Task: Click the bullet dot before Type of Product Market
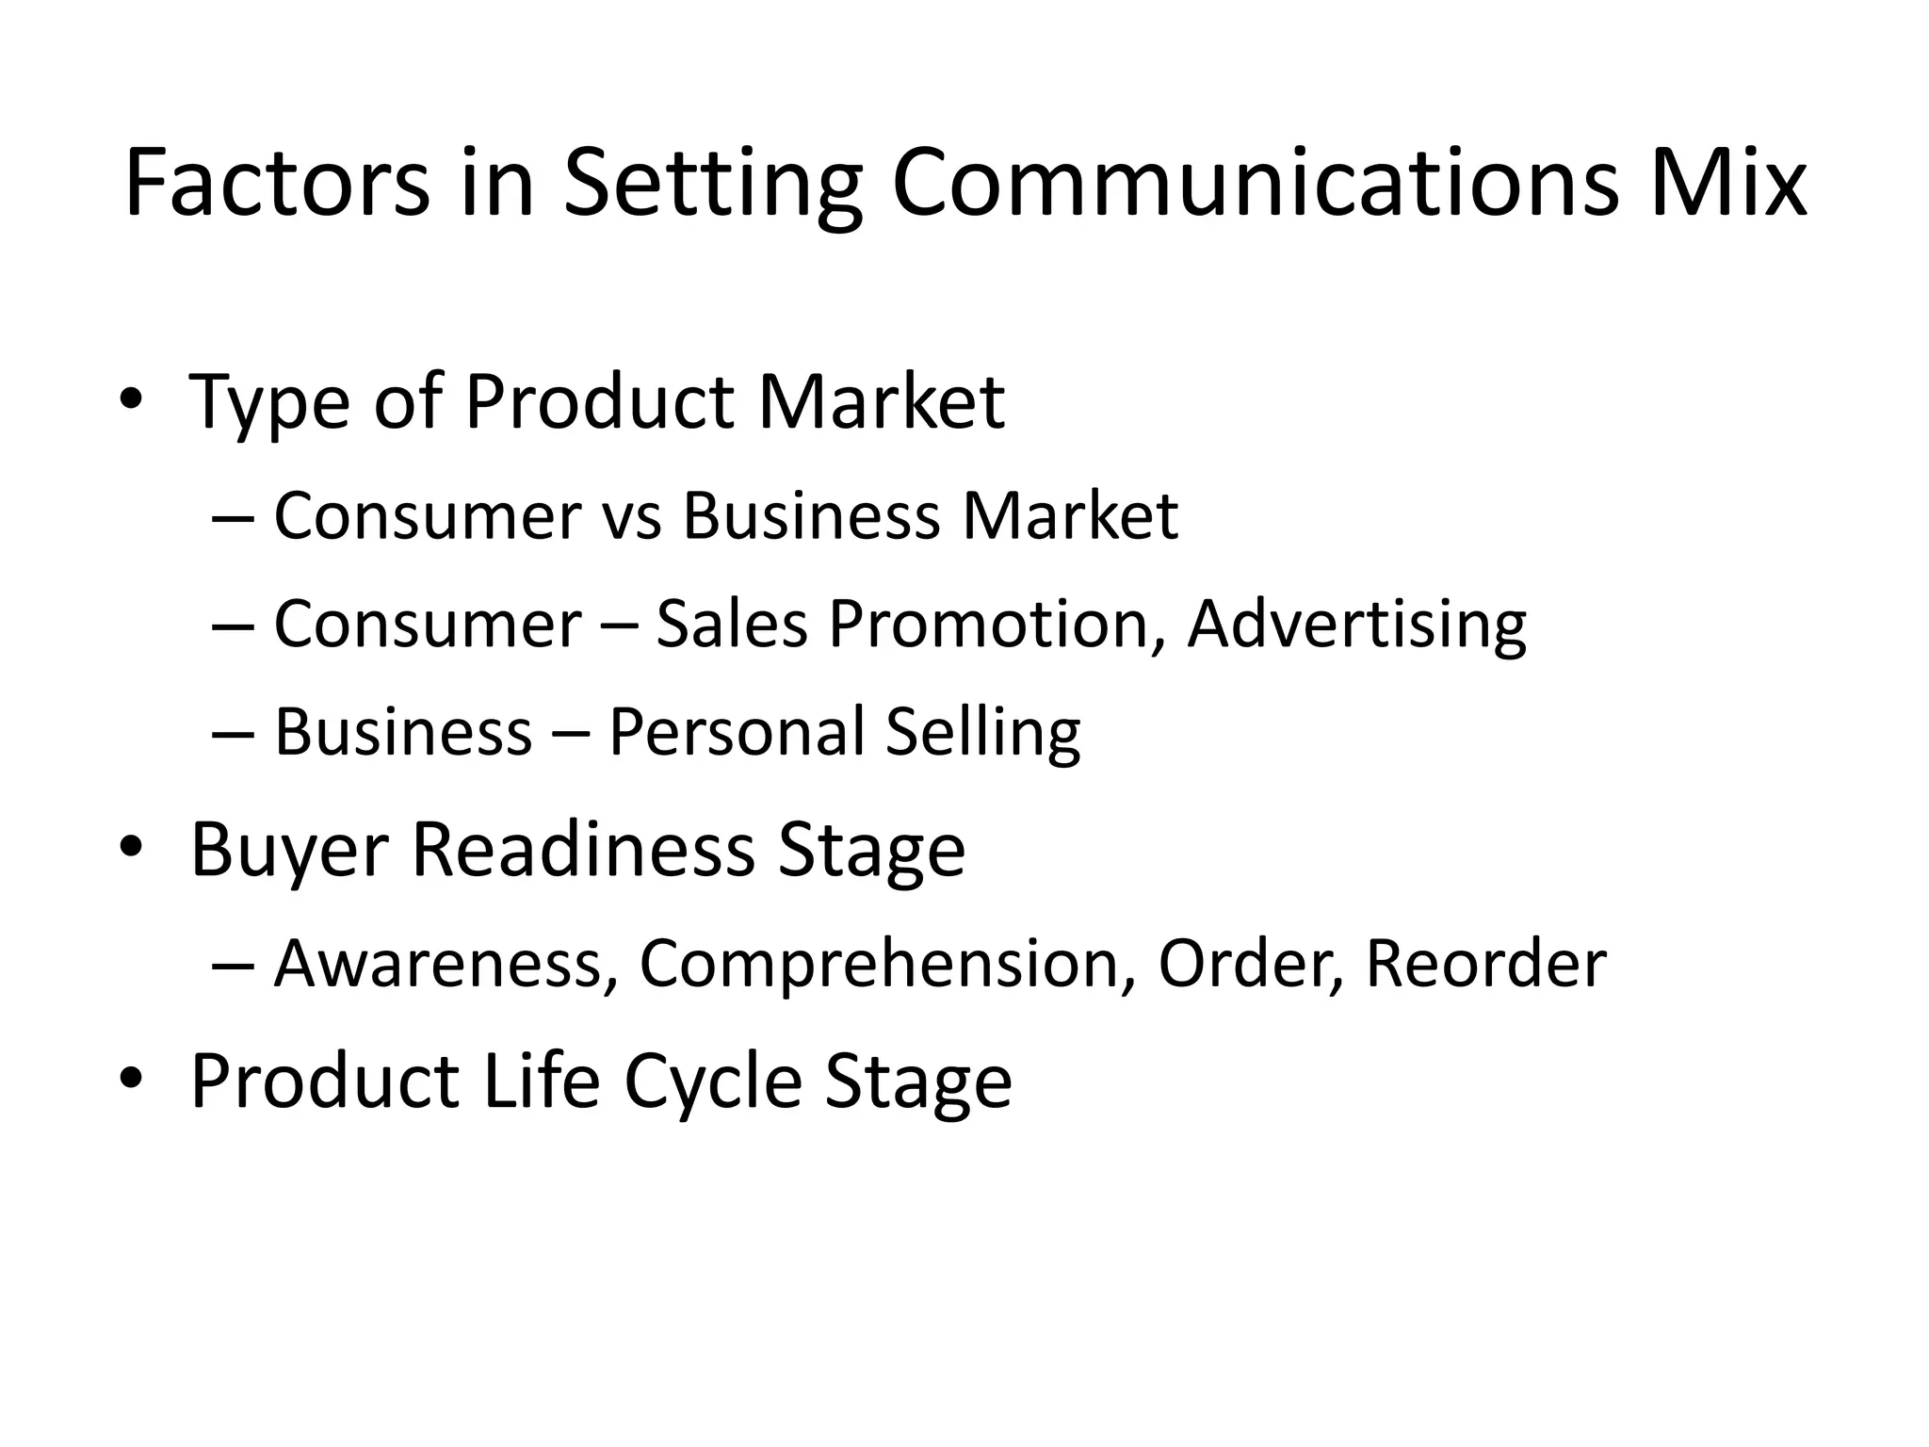click(x=131, y=398)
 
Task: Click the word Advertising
click(x=1356, y=626)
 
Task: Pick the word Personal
click(x=737, y=733)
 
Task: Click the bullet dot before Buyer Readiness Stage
click(x=131, y=846)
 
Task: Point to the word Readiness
click(x=584, y=849)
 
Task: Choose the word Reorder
click(x=1485, y=964)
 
